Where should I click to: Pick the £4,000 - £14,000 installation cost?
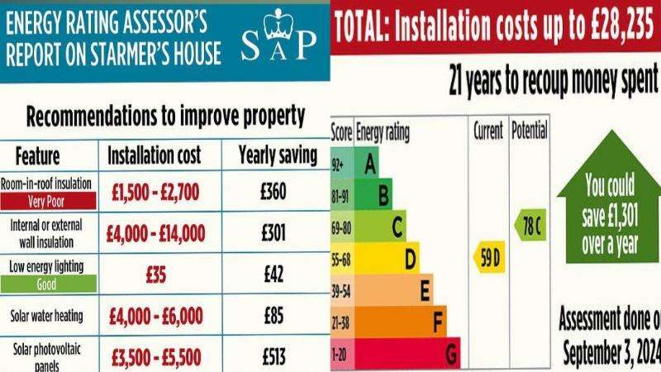[x=155, y=233]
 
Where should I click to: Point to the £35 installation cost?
[x=155, y=274]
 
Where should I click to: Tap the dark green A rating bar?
[x=369, y=164]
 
